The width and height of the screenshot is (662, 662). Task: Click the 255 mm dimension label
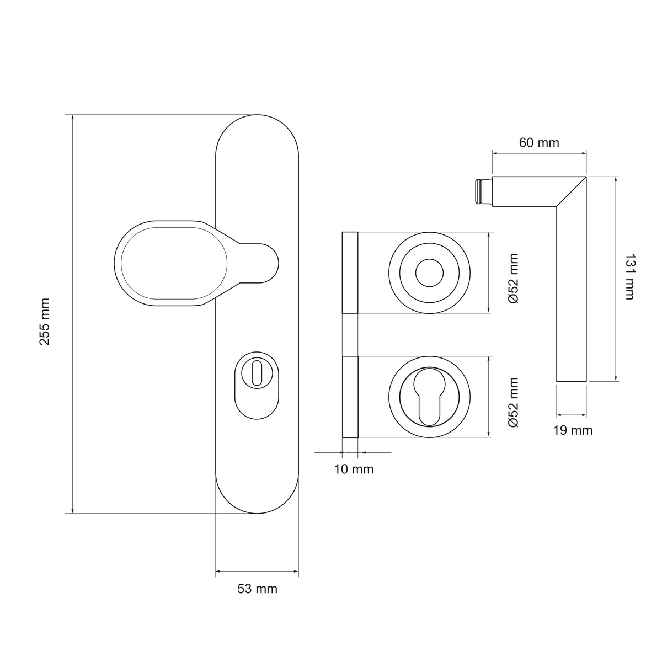(45, 322)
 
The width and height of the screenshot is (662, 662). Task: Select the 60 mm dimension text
(538, 142)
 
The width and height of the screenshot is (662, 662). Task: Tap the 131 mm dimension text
(629, 277)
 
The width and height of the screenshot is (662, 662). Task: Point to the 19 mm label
(573, 430)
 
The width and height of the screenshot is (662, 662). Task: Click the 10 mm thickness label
(354, 469)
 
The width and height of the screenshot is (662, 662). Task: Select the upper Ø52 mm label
(514, 279)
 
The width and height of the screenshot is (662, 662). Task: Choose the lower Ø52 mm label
(514, 402)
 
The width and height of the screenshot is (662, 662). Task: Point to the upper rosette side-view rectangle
(350, 273)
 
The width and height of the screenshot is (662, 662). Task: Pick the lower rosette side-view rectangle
(350, 397)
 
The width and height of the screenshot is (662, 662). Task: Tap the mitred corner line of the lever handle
(571, 191)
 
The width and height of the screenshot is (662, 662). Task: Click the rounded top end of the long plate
(257, 115)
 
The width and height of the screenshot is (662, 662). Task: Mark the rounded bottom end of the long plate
(257, 513)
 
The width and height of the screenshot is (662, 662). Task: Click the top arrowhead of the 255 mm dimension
(72, 118)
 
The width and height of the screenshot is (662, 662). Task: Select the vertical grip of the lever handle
(571, 293)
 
